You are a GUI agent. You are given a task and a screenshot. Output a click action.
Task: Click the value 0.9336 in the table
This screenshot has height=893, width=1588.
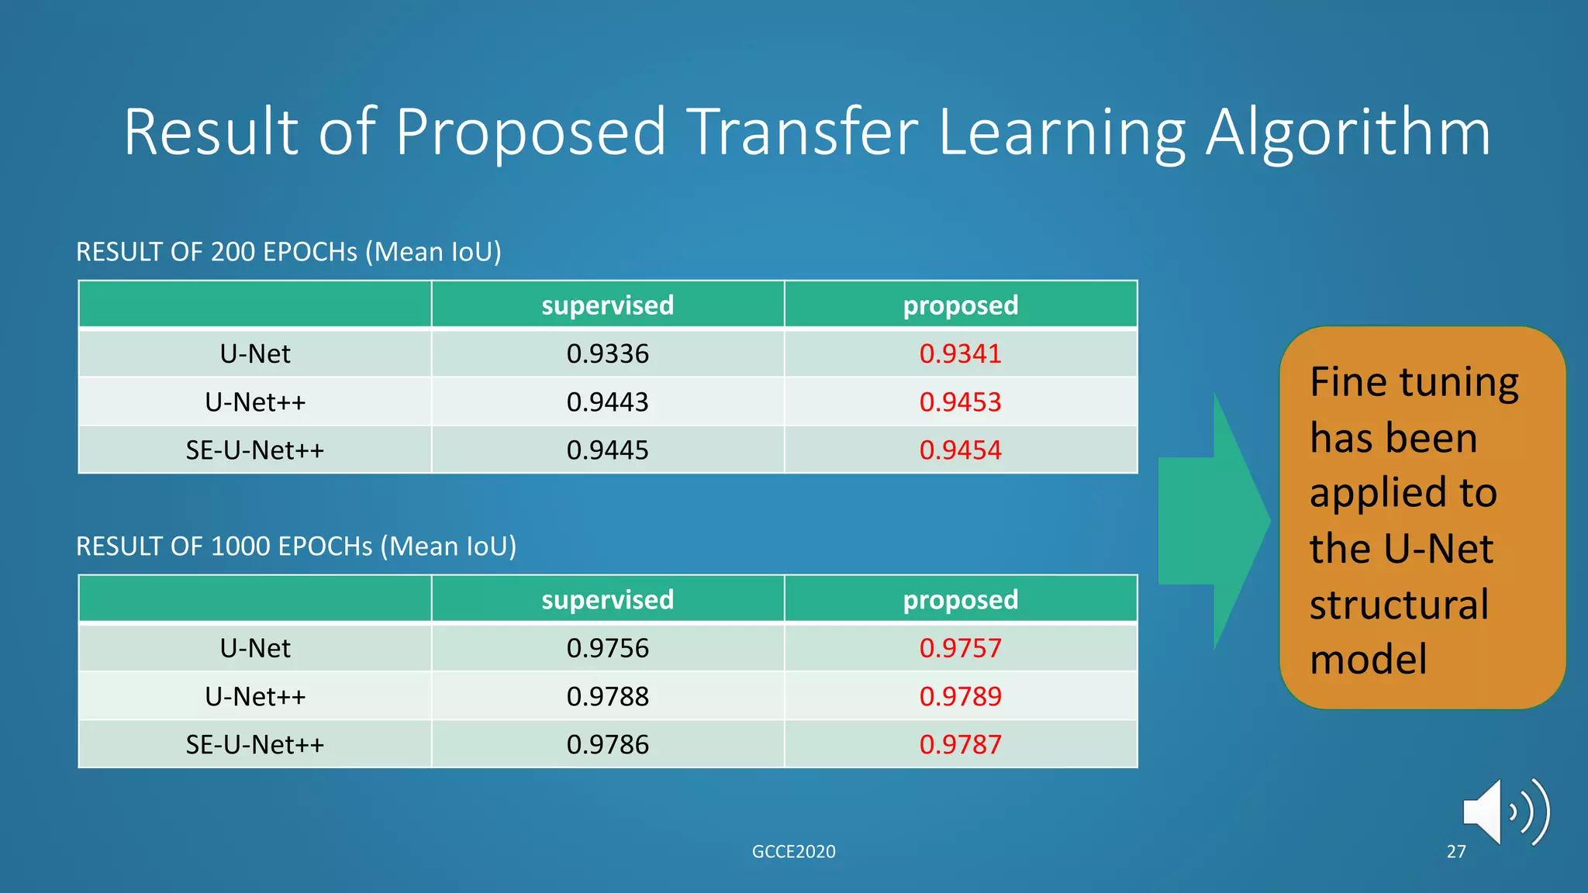coord(607,354)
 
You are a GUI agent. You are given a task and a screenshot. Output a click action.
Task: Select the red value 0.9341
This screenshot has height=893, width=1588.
coord(960,354)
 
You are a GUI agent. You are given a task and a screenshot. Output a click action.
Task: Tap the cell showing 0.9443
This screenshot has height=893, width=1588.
coord(607,402)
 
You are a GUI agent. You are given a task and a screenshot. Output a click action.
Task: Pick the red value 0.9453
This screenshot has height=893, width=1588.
coord(960,402)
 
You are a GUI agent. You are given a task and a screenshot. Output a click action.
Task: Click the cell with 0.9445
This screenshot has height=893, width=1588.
coord(607,450)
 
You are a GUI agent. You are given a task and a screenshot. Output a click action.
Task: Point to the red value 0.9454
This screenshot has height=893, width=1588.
coord(960,450)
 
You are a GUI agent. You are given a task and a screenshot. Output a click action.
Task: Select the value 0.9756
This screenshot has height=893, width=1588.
coord(607,649)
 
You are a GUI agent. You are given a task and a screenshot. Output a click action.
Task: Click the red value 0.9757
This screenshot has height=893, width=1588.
coord(960,649)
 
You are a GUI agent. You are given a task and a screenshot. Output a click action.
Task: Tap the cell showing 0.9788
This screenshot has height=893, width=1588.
coord(607,697)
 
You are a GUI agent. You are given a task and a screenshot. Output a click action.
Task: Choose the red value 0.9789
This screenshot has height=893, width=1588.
coord(960,697)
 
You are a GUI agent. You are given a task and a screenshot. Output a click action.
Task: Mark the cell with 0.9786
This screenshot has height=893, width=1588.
coord(607,745)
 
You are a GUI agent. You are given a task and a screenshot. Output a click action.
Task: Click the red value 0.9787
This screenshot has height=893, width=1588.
coord(960,745)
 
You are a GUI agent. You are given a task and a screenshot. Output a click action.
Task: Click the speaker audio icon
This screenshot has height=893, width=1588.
coord(1504,812)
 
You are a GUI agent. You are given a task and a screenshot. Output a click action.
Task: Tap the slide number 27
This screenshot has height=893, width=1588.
coord(1456,852)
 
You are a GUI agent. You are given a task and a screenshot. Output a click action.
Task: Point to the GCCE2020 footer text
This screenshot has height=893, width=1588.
coord(793,852)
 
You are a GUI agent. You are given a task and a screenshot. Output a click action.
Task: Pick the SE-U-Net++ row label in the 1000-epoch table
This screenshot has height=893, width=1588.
coord(254,745)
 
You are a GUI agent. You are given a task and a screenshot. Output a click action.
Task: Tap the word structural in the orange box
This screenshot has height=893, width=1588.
coord(1399,605)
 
